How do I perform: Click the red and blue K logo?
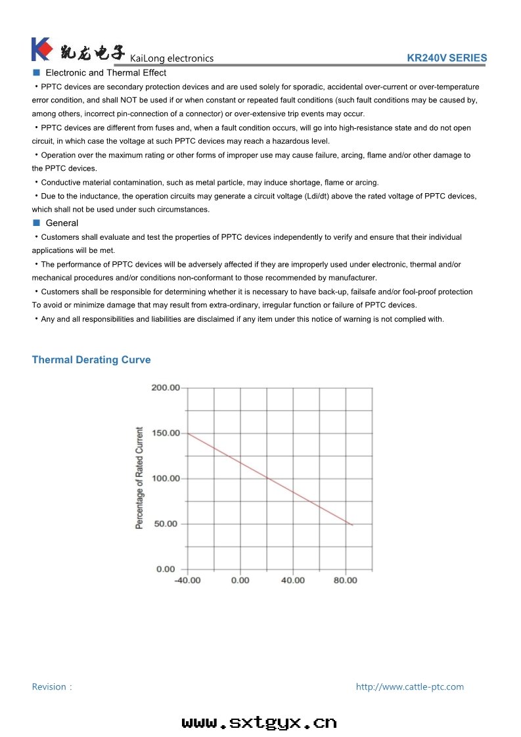pos(41,49)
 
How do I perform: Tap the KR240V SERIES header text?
pos(447,58)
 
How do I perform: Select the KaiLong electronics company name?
pos(172,58)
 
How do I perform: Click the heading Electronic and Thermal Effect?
pos(106,73)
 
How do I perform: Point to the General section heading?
pos(62,223)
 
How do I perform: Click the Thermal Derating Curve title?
pos(91,360)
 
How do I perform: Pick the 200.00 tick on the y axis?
pos(166,388)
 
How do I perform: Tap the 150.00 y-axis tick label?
pos(166,433)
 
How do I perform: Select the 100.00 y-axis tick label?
pos(166,478)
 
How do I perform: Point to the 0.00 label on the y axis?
pos(166,569)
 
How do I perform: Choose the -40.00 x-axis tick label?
pos(187,580)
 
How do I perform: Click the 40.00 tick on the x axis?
pos(293,580)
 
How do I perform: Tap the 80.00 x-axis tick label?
pos(346,580)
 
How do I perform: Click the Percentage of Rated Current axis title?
pos(139,478)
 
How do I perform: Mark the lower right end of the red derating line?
pos(352,524)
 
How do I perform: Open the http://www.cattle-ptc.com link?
pos(409,686)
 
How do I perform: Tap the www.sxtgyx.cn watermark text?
pos(260,723)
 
